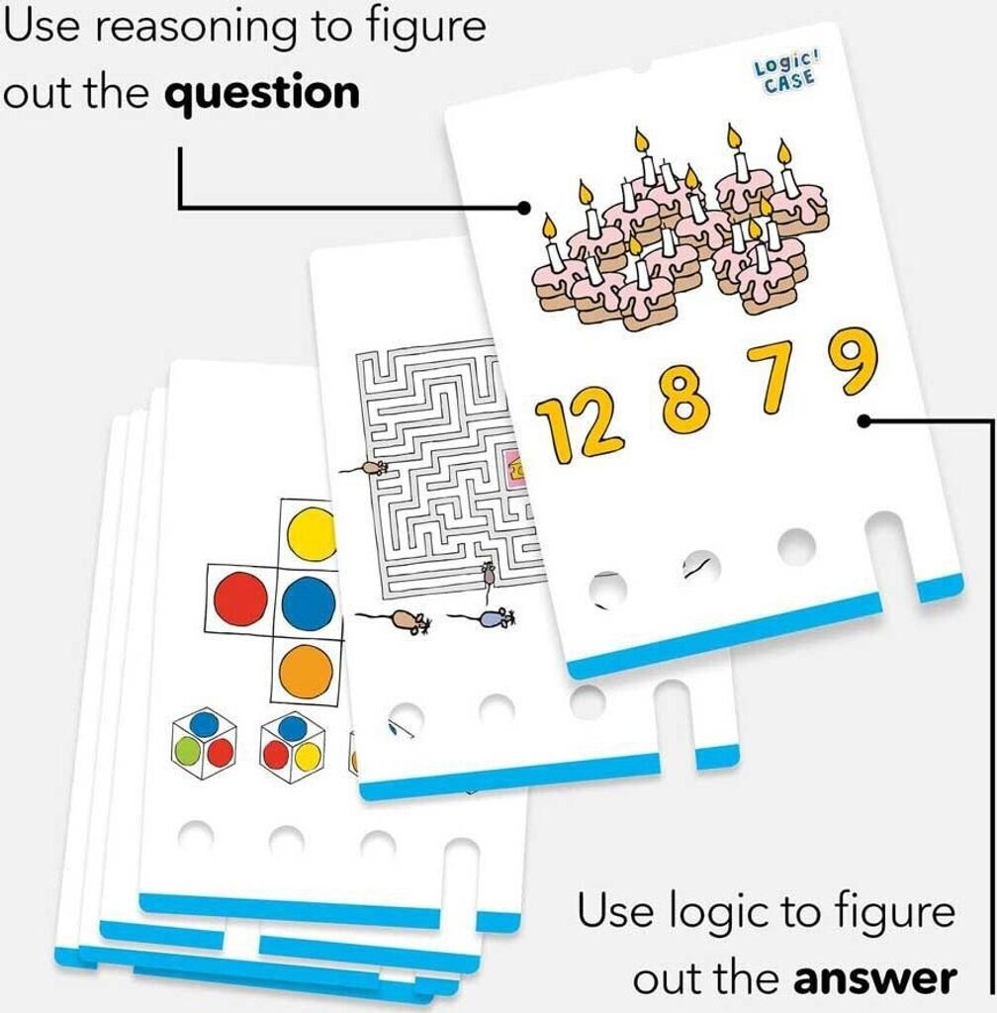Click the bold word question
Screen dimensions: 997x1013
262,95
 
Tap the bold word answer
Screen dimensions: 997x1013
875,978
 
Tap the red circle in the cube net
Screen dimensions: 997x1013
240,598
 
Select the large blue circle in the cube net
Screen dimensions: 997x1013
309,602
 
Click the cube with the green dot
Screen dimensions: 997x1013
204,743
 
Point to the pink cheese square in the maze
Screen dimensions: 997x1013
516,468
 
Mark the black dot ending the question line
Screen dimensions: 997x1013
524,208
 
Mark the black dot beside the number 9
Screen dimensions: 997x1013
864,421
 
